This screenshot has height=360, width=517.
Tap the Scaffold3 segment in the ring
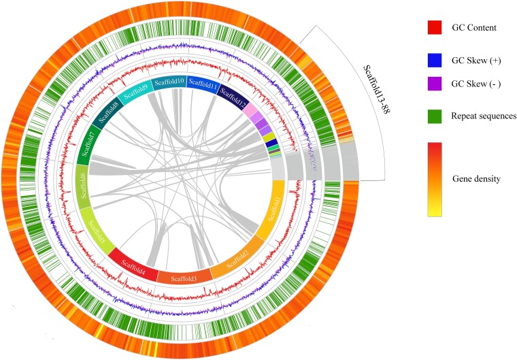tap(184, 277)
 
